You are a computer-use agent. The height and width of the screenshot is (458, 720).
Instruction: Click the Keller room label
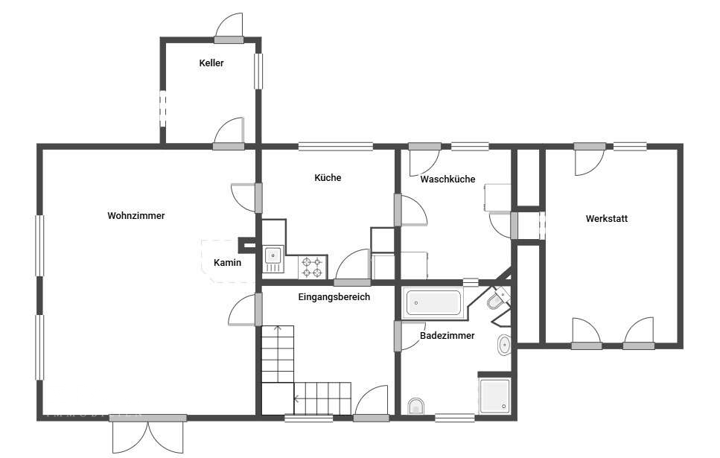(211, 63)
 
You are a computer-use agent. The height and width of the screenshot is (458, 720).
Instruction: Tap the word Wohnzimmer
(136, 215)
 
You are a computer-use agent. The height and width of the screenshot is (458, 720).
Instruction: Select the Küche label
(328, 178)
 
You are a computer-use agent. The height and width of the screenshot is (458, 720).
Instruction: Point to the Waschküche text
(447, 179)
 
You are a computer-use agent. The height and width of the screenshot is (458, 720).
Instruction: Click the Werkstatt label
(607, 219)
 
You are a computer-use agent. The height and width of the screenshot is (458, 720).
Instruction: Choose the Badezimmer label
(447, 336)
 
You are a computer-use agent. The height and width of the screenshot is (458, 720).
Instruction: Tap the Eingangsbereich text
(334, 296)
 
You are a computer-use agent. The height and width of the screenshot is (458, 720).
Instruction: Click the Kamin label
(227, 263)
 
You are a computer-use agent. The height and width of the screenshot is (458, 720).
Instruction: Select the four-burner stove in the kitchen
(312, 267)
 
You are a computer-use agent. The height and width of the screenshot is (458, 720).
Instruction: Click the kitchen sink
(273, 255)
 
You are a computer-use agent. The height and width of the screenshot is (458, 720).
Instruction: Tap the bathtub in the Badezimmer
(433, 303)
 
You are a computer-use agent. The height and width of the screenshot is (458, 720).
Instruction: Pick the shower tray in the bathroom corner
(494, 395)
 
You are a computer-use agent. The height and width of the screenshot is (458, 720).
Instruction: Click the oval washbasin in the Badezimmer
(504, 345)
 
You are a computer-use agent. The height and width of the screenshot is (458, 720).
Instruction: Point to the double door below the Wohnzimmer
(148, 436)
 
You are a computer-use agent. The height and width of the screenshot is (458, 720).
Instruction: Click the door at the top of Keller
(229, 28)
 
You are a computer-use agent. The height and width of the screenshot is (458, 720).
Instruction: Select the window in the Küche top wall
(336, 147)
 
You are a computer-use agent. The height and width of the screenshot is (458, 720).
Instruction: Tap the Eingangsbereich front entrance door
(372, 403)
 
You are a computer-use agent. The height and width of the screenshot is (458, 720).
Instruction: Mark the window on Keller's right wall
(258, 71)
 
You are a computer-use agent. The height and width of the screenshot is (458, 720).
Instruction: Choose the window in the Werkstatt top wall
(630, 147)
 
